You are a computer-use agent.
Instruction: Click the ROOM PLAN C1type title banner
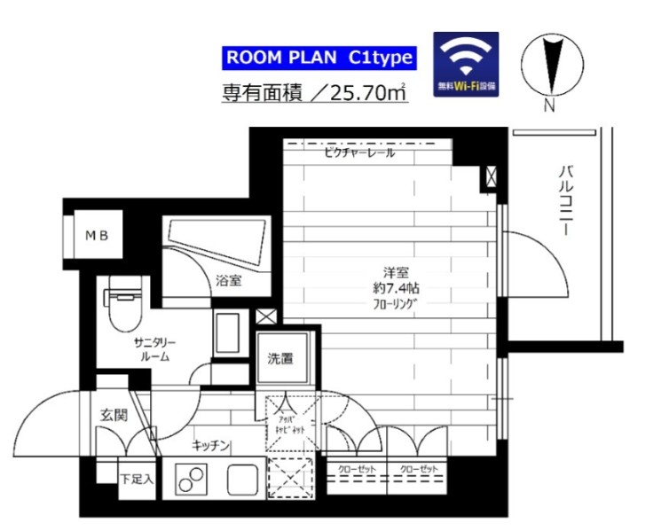pyautogui.click(x=319, y=59)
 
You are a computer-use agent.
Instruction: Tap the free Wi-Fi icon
pyautogui.click(x=465, y=64)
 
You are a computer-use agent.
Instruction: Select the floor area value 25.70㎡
pyautogui.click(x=362, y=93)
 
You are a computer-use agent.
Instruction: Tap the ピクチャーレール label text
pyautogui.click(x=358, y=153)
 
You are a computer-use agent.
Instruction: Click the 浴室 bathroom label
pyautogui.click(x=228, y=281)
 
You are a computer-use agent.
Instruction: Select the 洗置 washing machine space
pyautogui.click(x=281, y=359)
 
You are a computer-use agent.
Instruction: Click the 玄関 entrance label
pyautogui.click(x=113, y=415)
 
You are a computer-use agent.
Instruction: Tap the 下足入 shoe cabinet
pyautogui.click(x=137, y=479)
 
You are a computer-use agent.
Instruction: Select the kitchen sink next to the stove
pyautogui.click(x=241, y=480)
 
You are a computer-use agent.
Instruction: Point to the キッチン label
pyautogui.click(x=211, y=445)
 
